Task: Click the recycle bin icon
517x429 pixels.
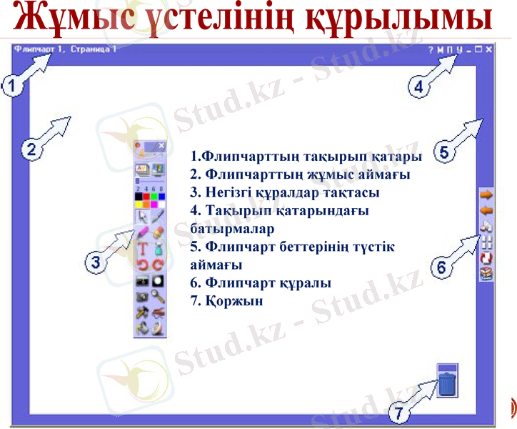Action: (x=446, y=380)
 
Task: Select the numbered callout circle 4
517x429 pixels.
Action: (x=419, y=87)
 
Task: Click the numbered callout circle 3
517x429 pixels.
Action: (x=94, y=262)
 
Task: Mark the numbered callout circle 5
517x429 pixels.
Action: (x=443, y=152)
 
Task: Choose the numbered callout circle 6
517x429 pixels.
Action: (x=441, y=267)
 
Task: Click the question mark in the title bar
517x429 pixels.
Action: (x=431, y=50)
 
